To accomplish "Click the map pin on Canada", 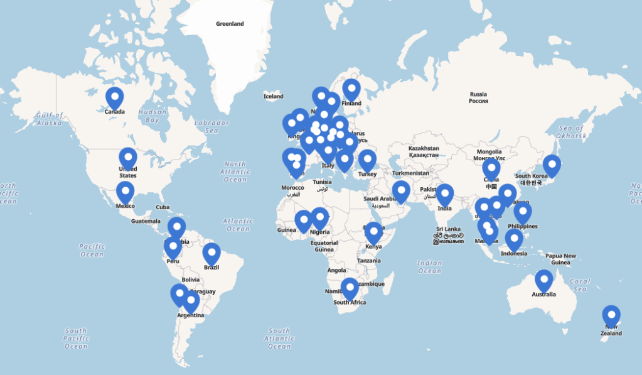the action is [114, 98].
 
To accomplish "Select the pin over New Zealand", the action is [611, 316].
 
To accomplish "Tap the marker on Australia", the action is [543, 281].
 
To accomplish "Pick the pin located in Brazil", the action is [211, 254].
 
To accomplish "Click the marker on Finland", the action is [351, 89].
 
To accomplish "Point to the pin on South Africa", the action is [350, 289].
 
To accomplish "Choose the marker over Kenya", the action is [373, 232].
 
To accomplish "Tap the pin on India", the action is [444, 195].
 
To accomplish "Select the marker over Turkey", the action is [367, 160].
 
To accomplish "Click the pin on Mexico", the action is [126, 192].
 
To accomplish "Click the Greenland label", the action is [230, 24].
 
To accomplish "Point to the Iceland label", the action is [274, 97].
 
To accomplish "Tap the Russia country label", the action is [478, 97].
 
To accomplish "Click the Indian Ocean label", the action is [430, 267].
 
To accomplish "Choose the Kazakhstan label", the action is [424, 151].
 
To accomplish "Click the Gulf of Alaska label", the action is [50, 119].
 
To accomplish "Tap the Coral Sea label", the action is [580, 285].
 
